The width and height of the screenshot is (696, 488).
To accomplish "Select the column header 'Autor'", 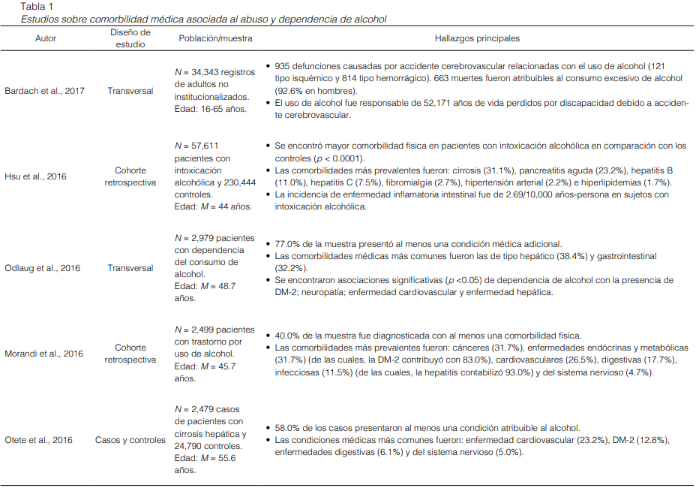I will click(x=46, y=38).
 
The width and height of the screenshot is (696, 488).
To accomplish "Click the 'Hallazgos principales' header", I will click(x=477, y=38).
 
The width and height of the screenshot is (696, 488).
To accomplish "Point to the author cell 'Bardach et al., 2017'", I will click(x=45, y=91).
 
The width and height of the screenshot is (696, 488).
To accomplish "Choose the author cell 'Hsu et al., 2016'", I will click(x=36, y=176).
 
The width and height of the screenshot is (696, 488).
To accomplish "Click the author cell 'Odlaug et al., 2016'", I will click(x=43, y=268).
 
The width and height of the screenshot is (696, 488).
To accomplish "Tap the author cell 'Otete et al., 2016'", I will click(x=40, y=440).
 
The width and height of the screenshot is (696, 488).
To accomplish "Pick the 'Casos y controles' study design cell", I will click(x=130, y=440).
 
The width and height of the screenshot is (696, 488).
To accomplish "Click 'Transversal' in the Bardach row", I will click(x=130, y=91).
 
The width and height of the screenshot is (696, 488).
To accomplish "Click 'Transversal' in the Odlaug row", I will click(x=130, y=268).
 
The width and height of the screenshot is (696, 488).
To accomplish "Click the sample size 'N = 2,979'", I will click(x=196, y=238).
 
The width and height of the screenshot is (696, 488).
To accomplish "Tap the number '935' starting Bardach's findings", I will click(x=285, y=67).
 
